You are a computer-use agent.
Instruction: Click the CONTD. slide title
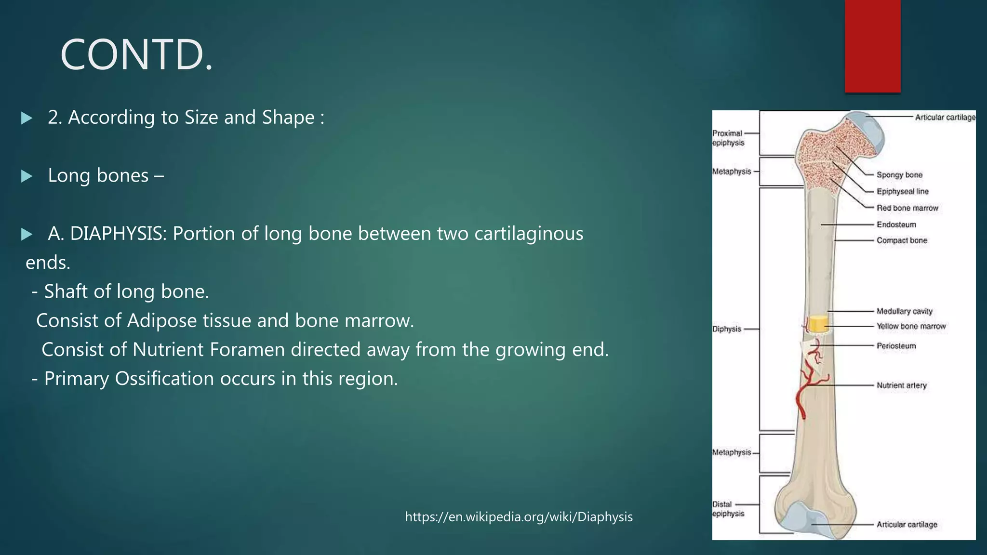[136, 55]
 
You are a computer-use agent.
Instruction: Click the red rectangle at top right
[872, 46]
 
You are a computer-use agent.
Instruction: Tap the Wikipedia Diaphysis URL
[519, 517]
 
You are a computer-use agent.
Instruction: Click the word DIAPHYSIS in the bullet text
[118, 234]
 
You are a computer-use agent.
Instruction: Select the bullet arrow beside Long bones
[27, 176]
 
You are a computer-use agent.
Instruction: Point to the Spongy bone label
[899, 175]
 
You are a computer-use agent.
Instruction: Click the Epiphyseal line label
[902, 191]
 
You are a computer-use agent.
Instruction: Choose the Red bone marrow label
[907, 208]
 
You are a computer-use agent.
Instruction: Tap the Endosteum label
[896, 225]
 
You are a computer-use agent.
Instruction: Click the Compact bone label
[901, 240]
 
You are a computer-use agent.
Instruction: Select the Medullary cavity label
[904, 311]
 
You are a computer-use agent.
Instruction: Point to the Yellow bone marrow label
[911, 326]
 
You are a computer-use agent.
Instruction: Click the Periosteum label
[896, 346]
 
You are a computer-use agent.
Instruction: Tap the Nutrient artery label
[901, 385]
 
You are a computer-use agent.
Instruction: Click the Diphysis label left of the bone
[727, 329]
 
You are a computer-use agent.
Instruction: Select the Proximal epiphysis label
[728, 138]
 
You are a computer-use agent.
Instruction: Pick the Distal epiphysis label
[728, 509]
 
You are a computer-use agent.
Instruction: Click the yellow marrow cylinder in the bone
[818, 324]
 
